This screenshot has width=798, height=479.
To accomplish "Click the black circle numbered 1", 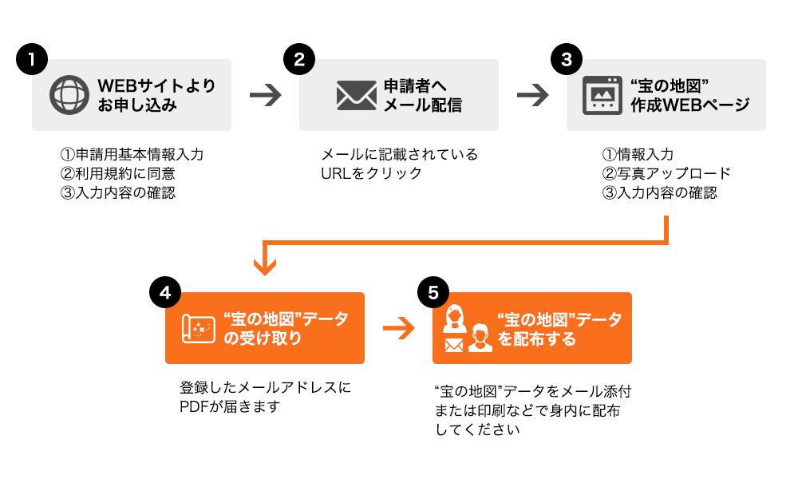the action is pos(32,59).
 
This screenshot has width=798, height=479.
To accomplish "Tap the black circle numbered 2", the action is pos(299,59).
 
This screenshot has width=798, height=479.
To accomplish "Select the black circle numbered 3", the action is pos(567,59).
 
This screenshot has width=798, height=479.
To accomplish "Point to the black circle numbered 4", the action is pos(165,292).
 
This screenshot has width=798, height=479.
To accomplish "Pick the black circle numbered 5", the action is pos(433,292).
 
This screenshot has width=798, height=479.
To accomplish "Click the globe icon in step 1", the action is pos(69,95).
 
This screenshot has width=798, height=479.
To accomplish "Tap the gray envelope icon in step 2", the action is pos(356,95).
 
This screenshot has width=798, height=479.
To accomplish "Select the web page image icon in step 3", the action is pos(602,95).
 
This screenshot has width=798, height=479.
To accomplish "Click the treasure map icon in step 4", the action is pos(199,328).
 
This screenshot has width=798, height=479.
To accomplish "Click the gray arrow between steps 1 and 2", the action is pos(265,95).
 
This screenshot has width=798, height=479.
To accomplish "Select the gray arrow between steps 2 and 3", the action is pos(532,95).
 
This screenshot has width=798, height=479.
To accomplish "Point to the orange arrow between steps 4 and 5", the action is pos(398,328).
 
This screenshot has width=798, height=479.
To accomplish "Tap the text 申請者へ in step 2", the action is pos(415,85).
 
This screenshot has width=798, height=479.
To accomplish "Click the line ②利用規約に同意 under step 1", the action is pos(117,173).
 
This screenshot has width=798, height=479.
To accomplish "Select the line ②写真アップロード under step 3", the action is pos(666,173).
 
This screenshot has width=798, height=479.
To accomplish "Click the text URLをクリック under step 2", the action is pos(372,173).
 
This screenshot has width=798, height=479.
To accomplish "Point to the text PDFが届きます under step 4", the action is pos(230,406).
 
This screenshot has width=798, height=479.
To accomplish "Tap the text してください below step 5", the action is pos(477,430).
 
